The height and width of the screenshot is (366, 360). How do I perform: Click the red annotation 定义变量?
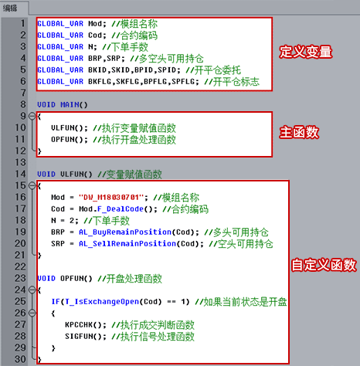click(x=306, y=52)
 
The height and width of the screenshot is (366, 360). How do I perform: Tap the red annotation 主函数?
click(x=299, y=132)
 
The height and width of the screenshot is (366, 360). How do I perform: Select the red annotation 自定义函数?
click(x=324, y=265)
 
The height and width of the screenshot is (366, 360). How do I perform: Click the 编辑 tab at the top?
click(x=10, y=8)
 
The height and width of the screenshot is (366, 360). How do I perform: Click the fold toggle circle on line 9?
click(x=32, y=116)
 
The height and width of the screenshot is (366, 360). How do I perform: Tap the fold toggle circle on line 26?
click(x=32, y=313)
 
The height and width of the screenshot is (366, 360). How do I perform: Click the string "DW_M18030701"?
click(x=111, y=198)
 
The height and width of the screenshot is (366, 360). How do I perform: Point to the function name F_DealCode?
click(x=121, y=209)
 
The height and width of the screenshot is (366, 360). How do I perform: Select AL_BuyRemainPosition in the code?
click(x=125, y=232)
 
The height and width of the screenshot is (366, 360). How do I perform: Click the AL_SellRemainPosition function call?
click(x=127, y=244)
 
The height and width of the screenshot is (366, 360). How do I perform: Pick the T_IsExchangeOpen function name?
click(x=102, y=302)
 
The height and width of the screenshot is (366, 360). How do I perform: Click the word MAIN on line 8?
click(x=70, y=105)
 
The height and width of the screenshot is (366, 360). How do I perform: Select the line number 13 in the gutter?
click(x=20, y=162)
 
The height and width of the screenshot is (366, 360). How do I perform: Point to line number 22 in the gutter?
click(x=20, y=266)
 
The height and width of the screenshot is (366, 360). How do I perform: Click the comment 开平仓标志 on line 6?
click(x=236, y=82)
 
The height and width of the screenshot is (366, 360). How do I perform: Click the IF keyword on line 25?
click(x=56, y=302)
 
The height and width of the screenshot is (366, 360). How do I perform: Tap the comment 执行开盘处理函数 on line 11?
click(x=139, y=140)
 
